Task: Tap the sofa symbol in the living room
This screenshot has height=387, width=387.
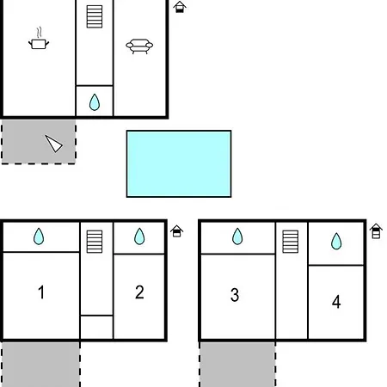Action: (139, 46)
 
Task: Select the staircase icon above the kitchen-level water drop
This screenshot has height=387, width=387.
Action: (95, 16)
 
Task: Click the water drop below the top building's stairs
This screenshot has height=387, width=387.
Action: (95, 102)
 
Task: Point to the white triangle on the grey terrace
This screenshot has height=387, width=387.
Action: (53, 144)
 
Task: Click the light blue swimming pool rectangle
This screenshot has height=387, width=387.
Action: (179, 164)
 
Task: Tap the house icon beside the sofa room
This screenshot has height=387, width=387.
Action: (180, 7)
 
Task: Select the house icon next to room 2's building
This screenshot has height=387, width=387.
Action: (176, 231)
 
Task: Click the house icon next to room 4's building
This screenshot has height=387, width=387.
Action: (376, 231)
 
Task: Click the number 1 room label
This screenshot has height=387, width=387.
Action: (41, 292)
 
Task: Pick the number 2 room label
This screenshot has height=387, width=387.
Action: (139, 292)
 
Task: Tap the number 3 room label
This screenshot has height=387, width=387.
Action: (235, 295)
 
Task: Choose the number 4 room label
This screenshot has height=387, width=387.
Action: (336, 302)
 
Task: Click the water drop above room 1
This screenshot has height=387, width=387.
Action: (39, 236)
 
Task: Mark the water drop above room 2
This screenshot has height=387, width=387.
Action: (139, 236)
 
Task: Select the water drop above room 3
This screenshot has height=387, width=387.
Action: (237, 236)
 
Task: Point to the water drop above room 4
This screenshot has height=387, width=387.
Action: (336, 242)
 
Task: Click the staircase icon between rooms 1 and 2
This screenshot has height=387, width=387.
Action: (95, 242)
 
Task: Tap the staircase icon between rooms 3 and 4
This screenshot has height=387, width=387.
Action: (291, 242)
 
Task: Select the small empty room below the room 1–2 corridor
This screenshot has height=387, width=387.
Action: (96, 327)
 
